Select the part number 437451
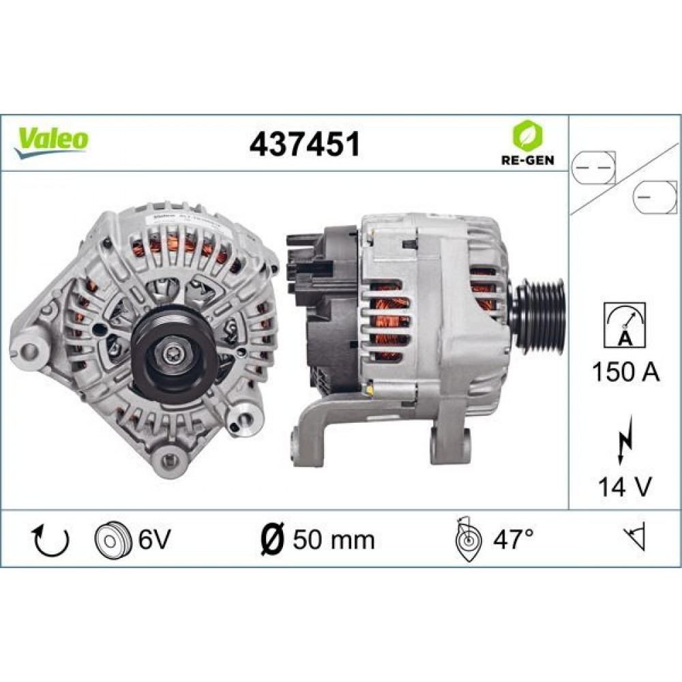[304, 144]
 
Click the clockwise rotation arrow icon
[51, 539]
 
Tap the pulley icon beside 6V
[111, 540]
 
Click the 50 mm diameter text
[333, 539]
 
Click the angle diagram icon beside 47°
[469, 539]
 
